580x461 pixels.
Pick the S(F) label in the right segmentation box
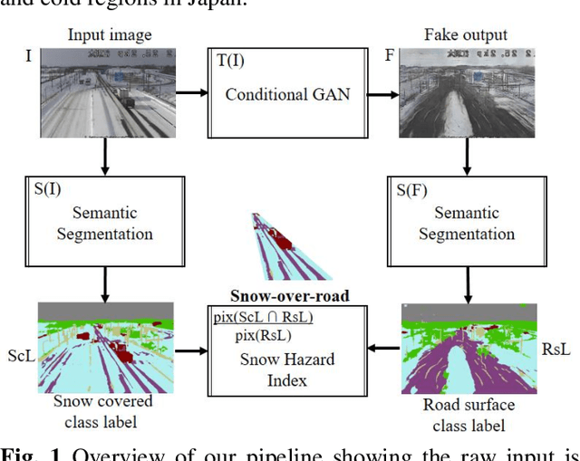(415, 191)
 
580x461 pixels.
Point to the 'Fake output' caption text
(466, 35)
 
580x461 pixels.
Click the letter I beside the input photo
(27, 56)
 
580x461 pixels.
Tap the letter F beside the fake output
(390, 56)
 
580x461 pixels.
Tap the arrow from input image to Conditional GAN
(190, 91)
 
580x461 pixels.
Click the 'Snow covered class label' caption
(102, 410)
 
